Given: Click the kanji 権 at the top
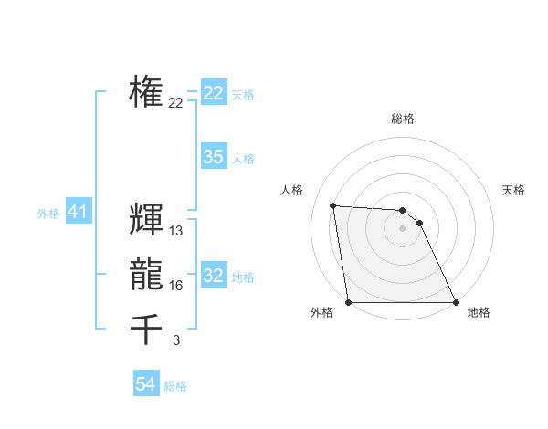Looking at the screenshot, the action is click(x=146, y=92).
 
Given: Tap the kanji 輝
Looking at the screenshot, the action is click(x=146, y=219).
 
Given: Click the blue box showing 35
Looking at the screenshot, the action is click(x=213, y=157).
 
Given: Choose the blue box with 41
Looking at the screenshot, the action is click(x=78, y=213).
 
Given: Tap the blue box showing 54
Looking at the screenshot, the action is click(x=146, y=384).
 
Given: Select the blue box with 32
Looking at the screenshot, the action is click(x=213, y=276).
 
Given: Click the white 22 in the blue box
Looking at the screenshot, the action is click(x=213, y=93).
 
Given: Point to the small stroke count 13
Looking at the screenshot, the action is click(x=176, y=231).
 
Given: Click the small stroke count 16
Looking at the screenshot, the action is click(x=176, y=286).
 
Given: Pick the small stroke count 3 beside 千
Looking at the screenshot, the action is click(x=176, y=340).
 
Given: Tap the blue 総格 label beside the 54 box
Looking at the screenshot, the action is click(x=175, y=386).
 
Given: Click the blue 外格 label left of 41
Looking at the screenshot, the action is click(x=48, y=214).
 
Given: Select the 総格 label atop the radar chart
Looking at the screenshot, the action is click(x=403, y=119).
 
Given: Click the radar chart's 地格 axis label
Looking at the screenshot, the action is click(x=479, y=312).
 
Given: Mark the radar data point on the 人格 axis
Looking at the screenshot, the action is click(x=332, y=205).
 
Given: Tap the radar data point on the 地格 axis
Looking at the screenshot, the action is click(x=456, y=302).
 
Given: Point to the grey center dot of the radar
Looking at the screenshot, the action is click(x=402, y=228).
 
